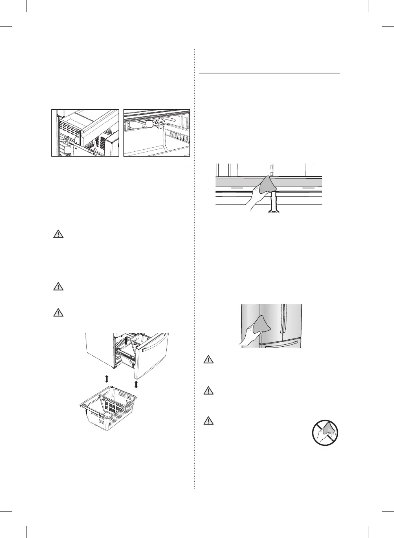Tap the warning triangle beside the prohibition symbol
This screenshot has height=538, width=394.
click(208, 421)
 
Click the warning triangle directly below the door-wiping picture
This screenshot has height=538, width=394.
click(208, 359)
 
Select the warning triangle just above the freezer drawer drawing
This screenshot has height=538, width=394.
click(58, 312)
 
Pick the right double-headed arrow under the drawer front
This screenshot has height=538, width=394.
click(136, 384)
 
